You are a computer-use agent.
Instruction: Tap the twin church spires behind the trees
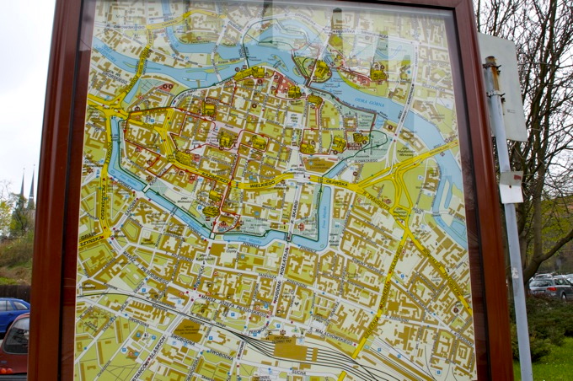[x=27, y=190]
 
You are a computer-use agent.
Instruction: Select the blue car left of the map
[x=12, y=313]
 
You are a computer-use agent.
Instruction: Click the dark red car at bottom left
[x=14, y=346]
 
